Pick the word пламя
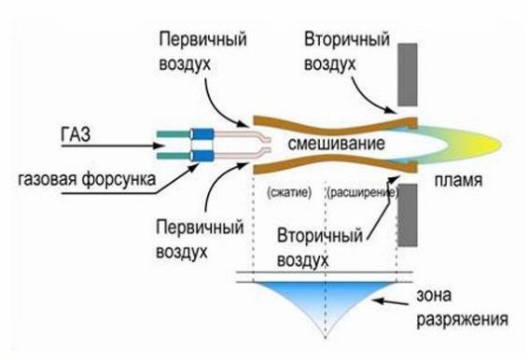(455, 184)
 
